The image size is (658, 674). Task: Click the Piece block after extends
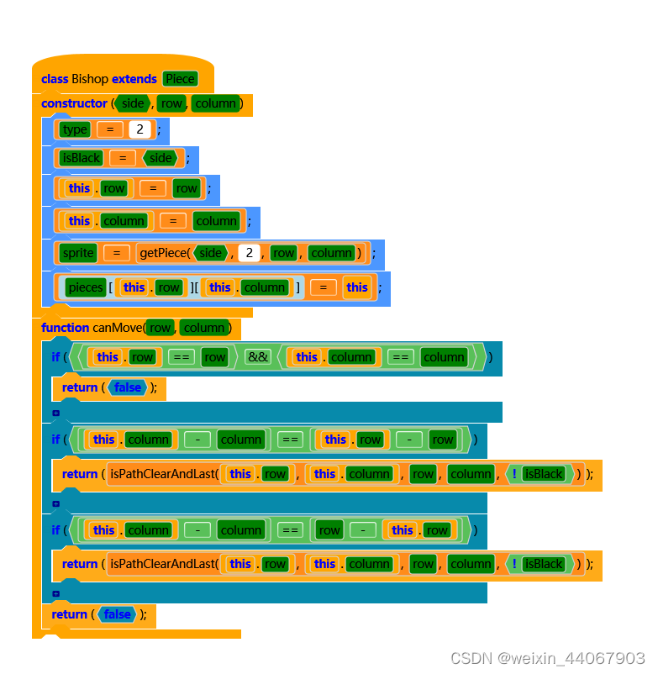(180, 79)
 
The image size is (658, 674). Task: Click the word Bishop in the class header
(90, 79)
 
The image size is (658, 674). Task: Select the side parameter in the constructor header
(133, 103)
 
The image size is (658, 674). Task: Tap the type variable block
(75, 129)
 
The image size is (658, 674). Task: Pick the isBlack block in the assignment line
(81, 158)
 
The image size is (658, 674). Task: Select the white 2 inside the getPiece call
(249, 253)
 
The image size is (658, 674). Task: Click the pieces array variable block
(86, 287)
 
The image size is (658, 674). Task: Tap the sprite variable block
(78, 253)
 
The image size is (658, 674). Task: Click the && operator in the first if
(257, 357)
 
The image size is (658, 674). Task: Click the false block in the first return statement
(128, 387)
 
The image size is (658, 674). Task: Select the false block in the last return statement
(118, 614)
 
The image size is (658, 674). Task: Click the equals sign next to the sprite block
(117, 253)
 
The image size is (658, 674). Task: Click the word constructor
(74, 103)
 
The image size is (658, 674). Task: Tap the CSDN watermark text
(547, 657)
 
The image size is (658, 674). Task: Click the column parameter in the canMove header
(203, 328)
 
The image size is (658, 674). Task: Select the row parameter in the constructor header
(171, 103)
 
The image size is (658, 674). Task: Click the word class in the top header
(55, 79)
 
